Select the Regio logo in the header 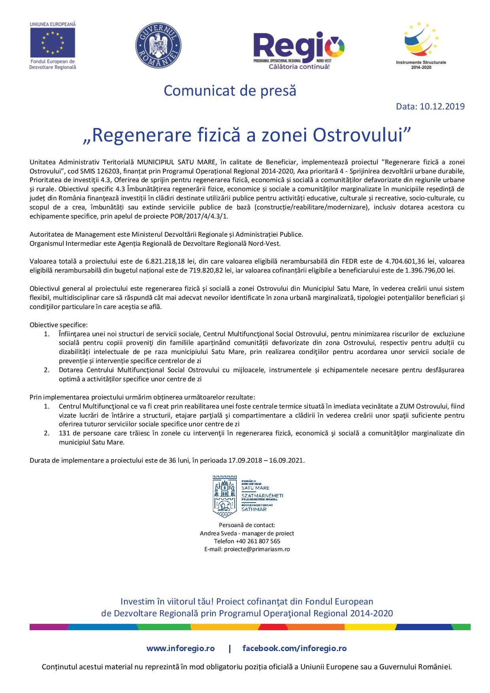click(x=300, y=48)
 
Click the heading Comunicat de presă click(x=230, y=90)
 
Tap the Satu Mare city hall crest click(x=224, y=496)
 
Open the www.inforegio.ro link click(x=181, y=648)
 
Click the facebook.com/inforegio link click(x=294, y=648)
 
